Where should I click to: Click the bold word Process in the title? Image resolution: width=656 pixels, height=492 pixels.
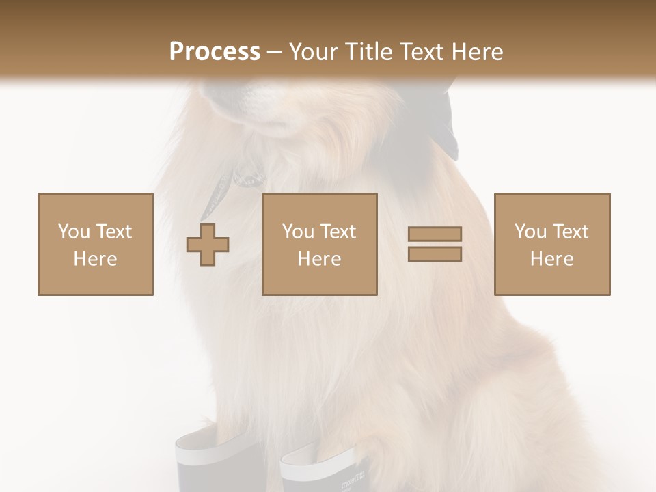pyautogui.click(x=215, y=52)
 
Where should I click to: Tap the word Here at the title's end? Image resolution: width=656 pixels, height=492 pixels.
pyautogui.click(x=476, y=52)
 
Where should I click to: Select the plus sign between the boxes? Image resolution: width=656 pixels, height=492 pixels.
pyautogui.click(x=208, y=245)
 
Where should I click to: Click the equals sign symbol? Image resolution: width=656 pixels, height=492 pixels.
pyautogui.click(x=435, y=244)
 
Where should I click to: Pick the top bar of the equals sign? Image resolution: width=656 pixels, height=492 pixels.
pyautogui.click(x=435, y=234)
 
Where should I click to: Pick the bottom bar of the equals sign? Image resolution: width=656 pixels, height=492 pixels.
pyautogui.click(x=435, y=254)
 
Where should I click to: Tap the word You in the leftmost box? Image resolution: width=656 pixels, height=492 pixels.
pyautogui.click(x=74, y=232)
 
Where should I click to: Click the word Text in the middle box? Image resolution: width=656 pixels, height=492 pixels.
pyautogui.click(x=338, y=232)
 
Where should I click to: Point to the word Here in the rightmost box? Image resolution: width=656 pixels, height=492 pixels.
pyautogui.click(x=551, y=259)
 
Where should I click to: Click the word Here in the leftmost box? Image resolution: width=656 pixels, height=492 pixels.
pyautogui.click(x=95, y=259)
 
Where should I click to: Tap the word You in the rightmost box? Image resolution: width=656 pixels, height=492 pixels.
pyautogui.click(x=530, y=232)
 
